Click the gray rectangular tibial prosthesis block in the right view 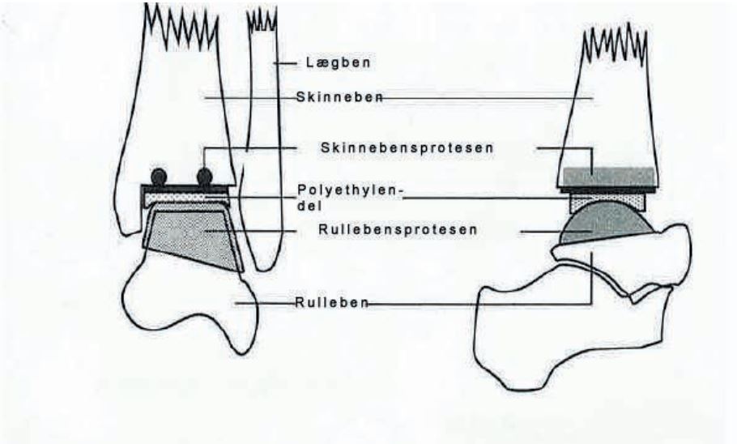(x=608, y=177)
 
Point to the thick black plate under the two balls (x=185, y=186)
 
